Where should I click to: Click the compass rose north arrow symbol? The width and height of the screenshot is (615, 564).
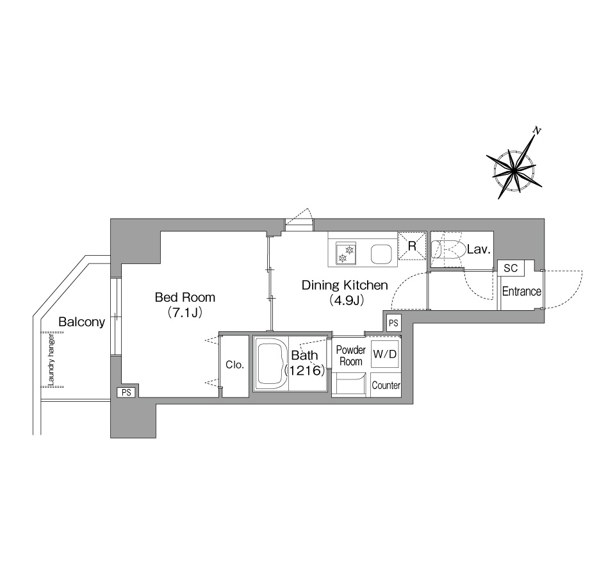[514, 170]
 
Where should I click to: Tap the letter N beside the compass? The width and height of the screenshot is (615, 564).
[537, 131]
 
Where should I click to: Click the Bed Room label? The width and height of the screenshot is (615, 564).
[185, 297]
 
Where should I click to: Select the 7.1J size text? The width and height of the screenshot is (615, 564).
[184, 312]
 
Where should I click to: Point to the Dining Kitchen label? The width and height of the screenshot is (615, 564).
[345, 285]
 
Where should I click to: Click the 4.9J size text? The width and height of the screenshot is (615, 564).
[347, 300]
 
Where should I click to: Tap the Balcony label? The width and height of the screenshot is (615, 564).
[81, 322]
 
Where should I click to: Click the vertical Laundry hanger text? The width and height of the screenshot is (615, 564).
[51, 360]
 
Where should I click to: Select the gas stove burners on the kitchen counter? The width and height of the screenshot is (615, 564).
[346, 253]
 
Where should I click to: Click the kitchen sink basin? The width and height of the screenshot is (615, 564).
[382, 254]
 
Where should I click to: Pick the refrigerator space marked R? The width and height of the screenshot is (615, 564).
[412, 245]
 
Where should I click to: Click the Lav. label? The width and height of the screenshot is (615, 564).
[479, 249]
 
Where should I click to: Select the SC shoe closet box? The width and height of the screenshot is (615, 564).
[511, 268]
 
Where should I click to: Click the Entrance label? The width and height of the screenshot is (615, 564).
[521, 291]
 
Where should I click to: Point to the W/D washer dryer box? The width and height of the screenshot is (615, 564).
[385, 354]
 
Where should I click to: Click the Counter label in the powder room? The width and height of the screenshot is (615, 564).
[386, 385]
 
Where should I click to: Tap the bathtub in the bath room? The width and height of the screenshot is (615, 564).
[271, 363]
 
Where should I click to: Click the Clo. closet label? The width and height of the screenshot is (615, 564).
[234, 365]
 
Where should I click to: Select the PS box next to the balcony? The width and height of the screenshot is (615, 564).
[126, 392]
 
